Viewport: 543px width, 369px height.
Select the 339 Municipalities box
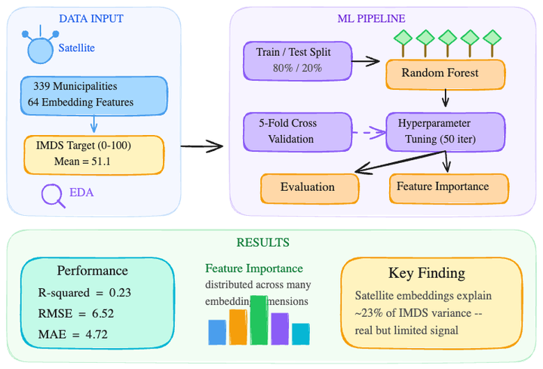tap(94, 95)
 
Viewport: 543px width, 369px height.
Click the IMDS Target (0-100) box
tap(94, 154)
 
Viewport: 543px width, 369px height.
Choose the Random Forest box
tap(444, 74)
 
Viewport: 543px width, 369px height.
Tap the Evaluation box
tap(308, 187)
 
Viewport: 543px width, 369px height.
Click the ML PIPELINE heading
tap(371, 18)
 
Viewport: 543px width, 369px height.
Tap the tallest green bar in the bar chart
tap(259, 320)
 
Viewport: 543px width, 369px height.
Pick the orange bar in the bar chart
tap(238, 327)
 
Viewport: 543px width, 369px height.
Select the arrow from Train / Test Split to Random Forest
tap(367, 60)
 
